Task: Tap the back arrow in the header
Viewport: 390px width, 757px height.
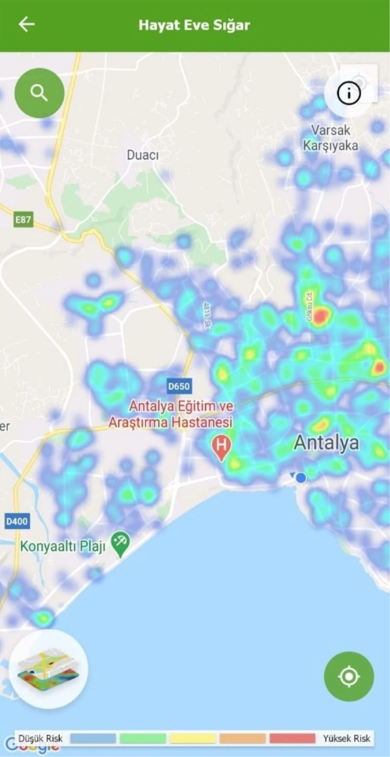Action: (x=26, y=24)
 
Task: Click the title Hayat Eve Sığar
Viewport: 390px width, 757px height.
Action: (x=194, y=25)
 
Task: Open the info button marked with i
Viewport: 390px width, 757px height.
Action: (x=349, y=93)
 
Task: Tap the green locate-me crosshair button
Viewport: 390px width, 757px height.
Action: (x=349, y=677)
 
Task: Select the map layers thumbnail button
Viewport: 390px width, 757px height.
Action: (x=49, y=669)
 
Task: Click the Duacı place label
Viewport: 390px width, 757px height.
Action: (x=143, y=155)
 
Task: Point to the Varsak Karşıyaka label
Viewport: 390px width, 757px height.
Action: (x=331, y=138)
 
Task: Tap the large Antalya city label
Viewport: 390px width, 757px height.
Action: (x=326, y=443)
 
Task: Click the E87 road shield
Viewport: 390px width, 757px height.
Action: (x=23, y=220)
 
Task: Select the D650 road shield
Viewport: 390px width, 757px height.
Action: (x=179, y=387)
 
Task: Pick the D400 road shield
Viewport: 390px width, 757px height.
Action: (x=17, y=522)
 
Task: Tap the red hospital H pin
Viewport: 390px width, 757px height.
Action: (x=222, y=446)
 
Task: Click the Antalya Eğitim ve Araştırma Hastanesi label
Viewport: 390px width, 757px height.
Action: (x=171, y=414)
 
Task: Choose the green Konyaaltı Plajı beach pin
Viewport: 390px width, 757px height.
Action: (x=120, y=543)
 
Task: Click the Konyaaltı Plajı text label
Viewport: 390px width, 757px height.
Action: (x=62, y=547)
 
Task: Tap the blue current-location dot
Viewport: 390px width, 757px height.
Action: (x=301, y=478)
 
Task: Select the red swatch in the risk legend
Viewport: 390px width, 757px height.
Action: (x=292, y=738)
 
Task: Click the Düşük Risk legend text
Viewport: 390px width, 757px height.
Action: (x=40, y=738)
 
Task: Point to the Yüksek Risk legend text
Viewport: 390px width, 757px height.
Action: (x=347, y=738)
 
